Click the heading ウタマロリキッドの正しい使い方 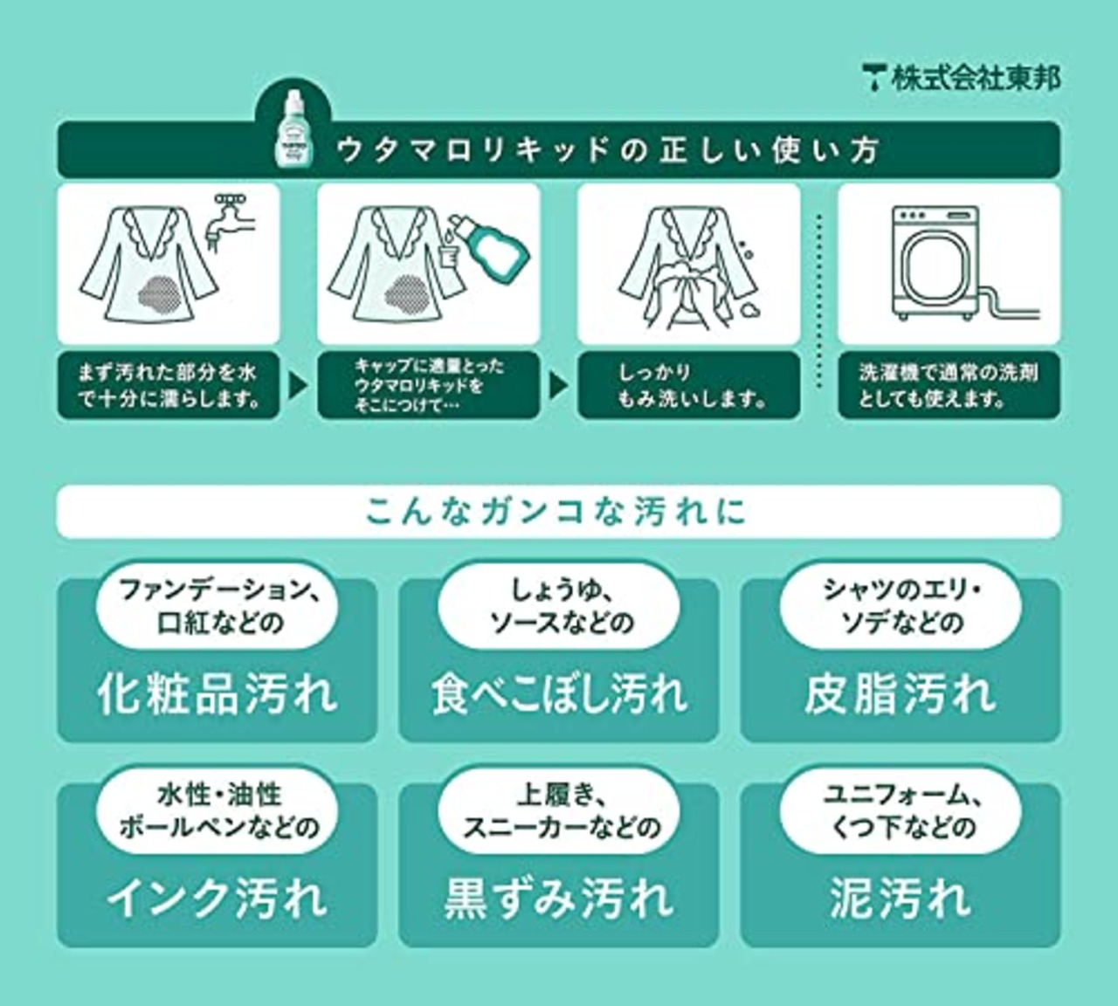tap(606, 150)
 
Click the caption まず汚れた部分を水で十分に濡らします tap(168, 385)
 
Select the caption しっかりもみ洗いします tap(689, 385)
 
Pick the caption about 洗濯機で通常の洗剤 tap(949, 385)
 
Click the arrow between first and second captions tap(298, 385)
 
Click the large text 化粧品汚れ tap(217, 693)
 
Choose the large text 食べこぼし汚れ tap(559, 693)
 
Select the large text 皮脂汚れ tap(901, 693)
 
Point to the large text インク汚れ tap(217, 898)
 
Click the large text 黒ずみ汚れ tap(559, 898)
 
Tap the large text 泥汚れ tap(901, 898)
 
